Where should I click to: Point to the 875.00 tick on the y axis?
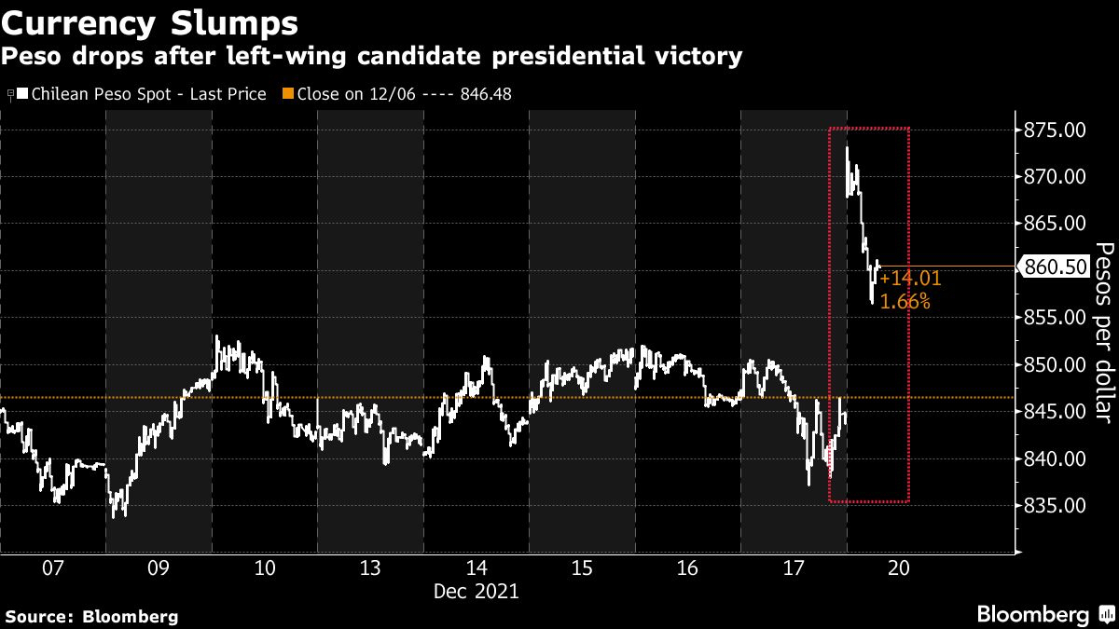click(x=1053, y=130)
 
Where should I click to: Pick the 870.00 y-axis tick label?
click(x=1053, y=176)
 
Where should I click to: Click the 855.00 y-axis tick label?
click(x=1053, y=317)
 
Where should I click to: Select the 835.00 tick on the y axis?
click(x=1053, y=505)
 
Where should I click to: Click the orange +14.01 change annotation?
click(x=910, y=278)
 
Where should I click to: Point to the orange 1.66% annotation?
click(x=905, y=301)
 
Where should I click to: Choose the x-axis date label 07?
click(x=52, y=568)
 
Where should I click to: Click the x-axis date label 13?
click(x=370, y=568)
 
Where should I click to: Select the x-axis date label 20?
click(x=900, y=568)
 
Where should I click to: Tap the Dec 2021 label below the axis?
click(x=477, y=591)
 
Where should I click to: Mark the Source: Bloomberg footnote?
click(x=91, y=616)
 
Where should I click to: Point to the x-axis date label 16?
click(x=688, y=568)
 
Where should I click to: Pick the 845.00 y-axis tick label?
click(x=1053, y=411)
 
